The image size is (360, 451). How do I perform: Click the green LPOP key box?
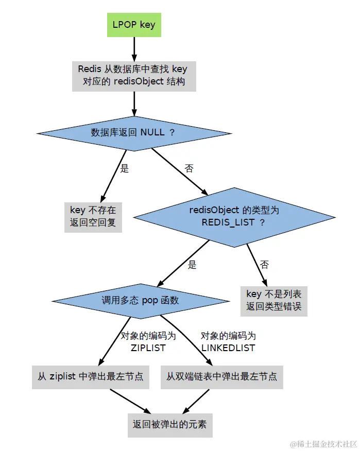pos(133,25)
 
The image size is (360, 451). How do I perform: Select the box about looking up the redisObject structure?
pos(133,75)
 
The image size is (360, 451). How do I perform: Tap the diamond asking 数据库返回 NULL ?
pos(133,132)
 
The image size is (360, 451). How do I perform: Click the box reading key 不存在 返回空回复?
pos(93,217)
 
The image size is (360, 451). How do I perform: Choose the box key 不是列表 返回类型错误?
pos(274,301)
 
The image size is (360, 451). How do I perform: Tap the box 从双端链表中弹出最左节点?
pos(221,377)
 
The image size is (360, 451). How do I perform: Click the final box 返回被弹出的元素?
pos(169,425)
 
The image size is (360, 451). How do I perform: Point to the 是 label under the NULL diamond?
pos(124,168)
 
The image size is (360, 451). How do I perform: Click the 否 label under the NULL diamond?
pos(188,168)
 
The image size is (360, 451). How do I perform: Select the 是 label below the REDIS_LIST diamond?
pos(192,265)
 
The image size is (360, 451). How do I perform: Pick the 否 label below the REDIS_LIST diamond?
pos(264,265)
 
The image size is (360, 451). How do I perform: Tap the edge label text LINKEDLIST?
pos(228,348)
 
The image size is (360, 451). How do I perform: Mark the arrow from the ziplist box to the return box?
pos(130,401)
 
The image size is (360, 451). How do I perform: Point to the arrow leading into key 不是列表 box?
pos(258,265)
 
